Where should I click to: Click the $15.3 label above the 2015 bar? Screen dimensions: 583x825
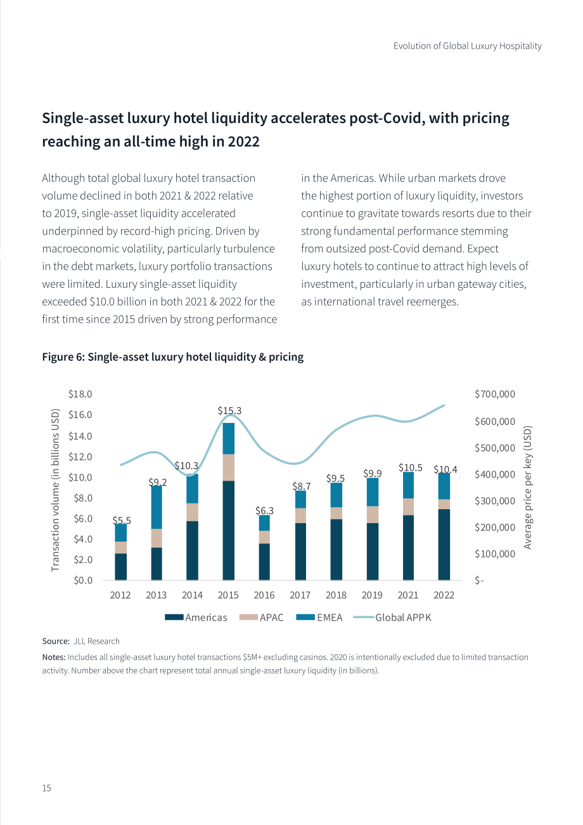[x=229, y=410]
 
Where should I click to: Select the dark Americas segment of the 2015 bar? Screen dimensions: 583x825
[x=229, y=530]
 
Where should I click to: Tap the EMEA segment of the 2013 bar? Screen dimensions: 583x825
[x=157, y=507]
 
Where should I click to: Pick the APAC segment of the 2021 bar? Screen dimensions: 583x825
[x=408, y=507]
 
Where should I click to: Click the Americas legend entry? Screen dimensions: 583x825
[x=196, y=617]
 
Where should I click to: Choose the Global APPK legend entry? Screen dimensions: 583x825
[x=392, y=617]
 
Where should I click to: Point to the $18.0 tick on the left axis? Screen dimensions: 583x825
[x=80, y=394]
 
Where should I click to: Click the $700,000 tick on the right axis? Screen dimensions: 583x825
[x=495, y=394]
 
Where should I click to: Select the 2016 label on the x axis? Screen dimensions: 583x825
[x=264, y=595]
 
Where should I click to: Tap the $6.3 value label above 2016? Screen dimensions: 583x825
[x=264, y=510]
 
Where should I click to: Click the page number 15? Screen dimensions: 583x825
[x=47, y=788]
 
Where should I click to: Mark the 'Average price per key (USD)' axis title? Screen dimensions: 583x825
[x=527, y=488]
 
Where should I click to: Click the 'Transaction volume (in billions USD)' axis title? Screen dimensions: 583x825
[x=55, y=490]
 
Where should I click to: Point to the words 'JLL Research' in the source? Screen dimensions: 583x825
[x=96, y=641]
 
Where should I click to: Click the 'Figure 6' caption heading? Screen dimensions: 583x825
[x=172, y=356]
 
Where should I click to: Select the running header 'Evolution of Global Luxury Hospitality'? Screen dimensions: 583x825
[x=468, y=46]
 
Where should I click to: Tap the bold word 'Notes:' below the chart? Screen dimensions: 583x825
[x=54, y=657]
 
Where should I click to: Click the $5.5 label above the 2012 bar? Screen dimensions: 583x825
[x=122, y=520]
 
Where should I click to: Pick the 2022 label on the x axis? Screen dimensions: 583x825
[x=444, y=595]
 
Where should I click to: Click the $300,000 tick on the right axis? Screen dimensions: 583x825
[x=495, y=501]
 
